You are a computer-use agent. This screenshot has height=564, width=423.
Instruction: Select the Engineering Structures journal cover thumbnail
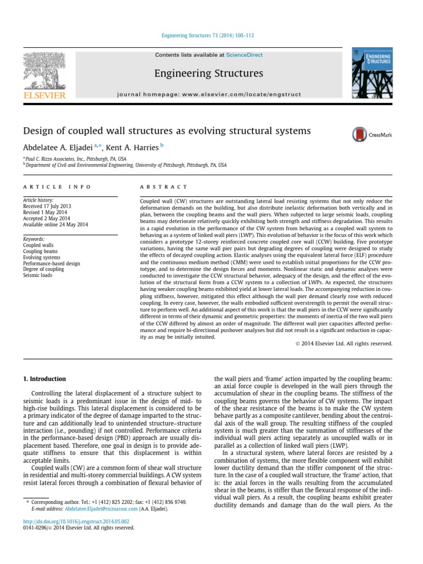(371, 72)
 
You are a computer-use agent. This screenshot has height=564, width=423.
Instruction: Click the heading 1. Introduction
(44, 379)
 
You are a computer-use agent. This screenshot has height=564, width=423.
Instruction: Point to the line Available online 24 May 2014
(55, 224)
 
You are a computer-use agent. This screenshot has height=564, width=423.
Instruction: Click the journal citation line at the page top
(208, 36)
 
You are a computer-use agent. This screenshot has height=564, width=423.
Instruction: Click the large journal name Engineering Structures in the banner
(208, 73)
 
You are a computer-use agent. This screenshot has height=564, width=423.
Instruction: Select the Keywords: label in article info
(34, 240)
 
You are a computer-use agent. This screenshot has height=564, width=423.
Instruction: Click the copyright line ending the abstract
(340, 343)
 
